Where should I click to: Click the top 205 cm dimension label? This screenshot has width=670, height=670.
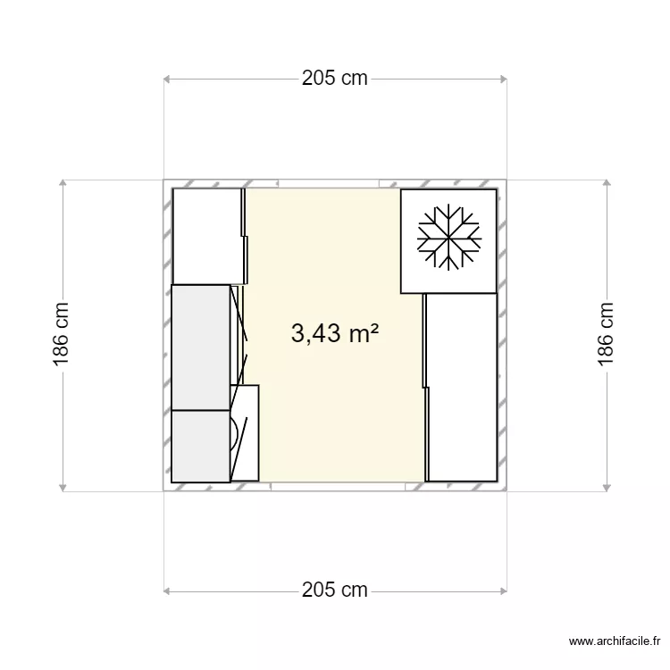[x=334, y=78]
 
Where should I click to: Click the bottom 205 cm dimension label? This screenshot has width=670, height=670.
[x=334, y=590]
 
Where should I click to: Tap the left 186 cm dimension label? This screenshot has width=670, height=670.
[x=62, y=335]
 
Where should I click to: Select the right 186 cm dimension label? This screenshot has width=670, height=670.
[x=607, y=335]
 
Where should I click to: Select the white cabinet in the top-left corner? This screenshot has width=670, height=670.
[x=207, y=237]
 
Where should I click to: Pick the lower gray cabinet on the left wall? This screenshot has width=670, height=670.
[x=200, y=446]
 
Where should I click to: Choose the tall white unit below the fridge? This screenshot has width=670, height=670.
[x=461, y=387]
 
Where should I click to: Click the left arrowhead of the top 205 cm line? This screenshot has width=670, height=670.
[x=167, y=79]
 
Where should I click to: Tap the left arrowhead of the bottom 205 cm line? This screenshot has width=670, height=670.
[x=167, y=590]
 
